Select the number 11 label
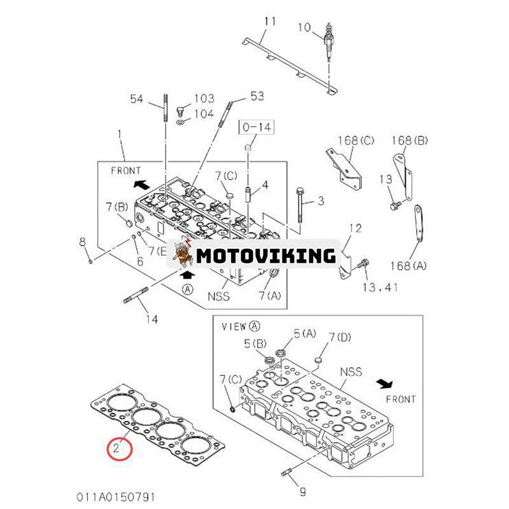(270, 22)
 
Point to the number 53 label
(256, 96)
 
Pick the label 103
(204, 99)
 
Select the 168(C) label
(356, 140)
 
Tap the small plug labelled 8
(91, 260)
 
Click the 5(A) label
(305, 333)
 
